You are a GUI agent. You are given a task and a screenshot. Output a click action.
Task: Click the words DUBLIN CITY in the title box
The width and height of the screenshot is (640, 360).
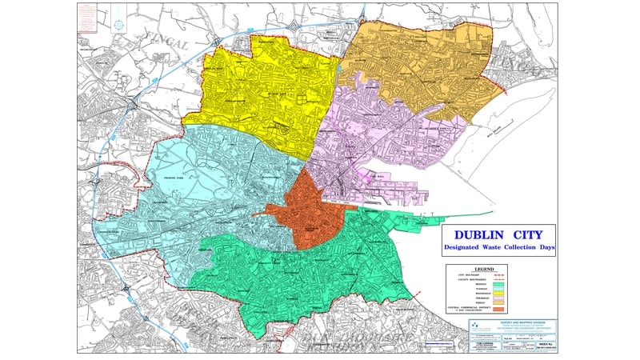coord(500,235)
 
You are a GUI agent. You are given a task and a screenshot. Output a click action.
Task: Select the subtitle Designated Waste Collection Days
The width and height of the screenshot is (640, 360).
coord(500,248)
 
